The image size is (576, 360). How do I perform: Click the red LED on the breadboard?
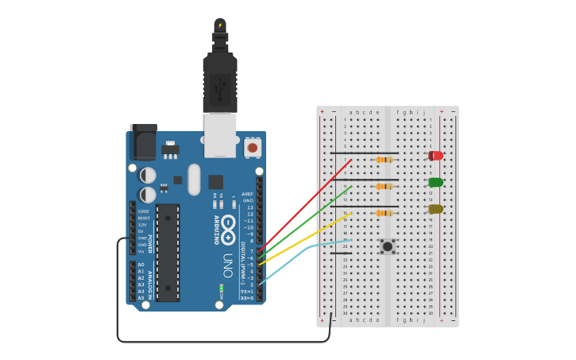coord(435,156)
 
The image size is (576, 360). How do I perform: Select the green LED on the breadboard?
coord(435,182)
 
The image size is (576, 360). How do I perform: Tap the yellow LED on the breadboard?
coord(435,209)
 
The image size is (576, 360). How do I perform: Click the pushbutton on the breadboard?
coord(387,246)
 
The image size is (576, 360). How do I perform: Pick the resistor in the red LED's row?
coord(384,160)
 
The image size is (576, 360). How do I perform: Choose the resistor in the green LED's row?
coord(384,187)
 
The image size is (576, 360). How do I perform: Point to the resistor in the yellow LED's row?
coord(384,213)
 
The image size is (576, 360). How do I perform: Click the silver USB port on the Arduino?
coord(220,134)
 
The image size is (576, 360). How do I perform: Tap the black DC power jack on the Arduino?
coord(143,143)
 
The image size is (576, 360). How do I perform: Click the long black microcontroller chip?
coord(168,253)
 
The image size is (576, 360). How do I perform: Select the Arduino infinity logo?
coord(228,229)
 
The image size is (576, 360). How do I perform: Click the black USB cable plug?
coord(220,79)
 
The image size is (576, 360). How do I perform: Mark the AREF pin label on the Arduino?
coord(247,194)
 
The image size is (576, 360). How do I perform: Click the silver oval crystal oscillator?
coord(194,180)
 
